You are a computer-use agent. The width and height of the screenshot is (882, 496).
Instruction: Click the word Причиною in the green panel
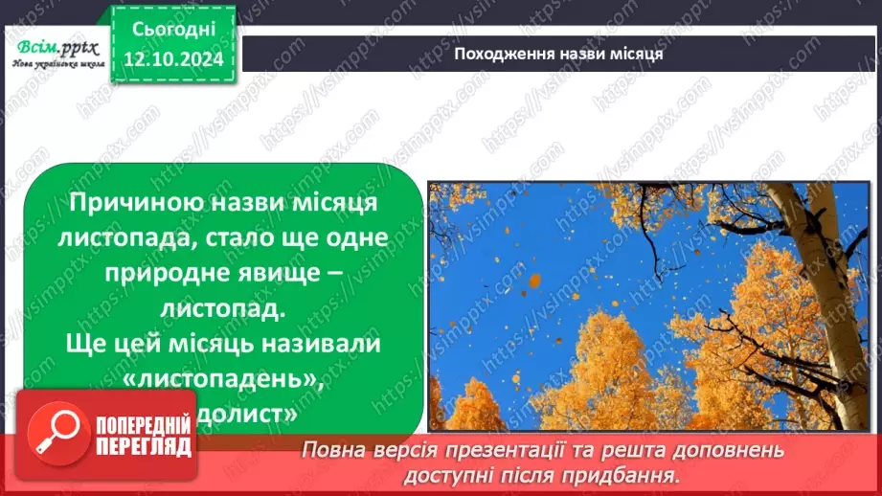pyautogui.click(x=140, y=202)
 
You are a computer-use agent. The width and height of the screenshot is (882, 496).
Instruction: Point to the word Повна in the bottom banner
pyautogui.click(x=332, y=449)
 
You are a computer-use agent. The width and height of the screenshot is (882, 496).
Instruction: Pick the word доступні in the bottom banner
pyautogui.click(x=453, y=474)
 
